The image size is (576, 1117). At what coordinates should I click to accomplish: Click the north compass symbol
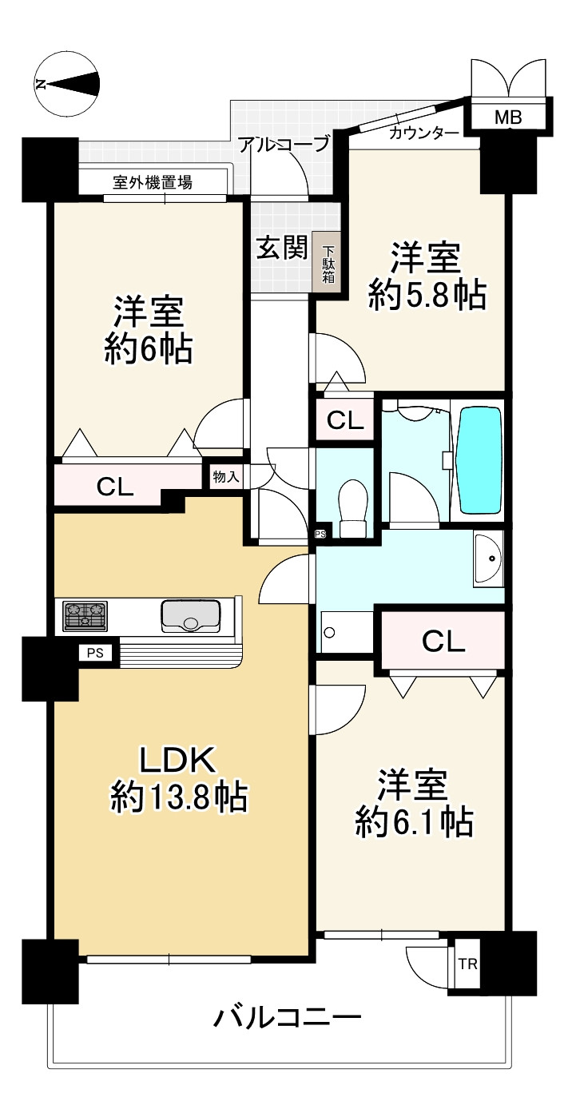point(69,82)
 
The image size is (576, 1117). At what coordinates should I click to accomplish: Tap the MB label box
point(507,118)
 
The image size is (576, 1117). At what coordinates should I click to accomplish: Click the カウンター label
point(423,133)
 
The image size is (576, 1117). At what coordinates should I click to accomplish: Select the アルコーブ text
point(284,145)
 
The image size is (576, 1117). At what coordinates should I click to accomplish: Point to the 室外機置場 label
point(152,182)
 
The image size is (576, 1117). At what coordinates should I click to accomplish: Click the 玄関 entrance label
point(281,248)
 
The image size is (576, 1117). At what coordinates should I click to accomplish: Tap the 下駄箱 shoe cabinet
point(328,262)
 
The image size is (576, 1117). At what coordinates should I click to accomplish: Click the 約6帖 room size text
point(149,349)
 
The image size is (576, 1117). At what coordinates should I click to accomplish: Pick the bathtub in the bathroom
point(479,463)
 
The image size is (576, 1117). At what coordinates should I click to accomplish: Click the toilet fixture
point(352,507)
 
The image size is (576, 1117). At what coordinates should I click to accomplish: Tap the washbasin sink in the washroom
point(488,558)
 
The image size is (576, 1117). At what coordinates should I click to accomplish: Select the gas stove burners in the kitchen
point(85,616)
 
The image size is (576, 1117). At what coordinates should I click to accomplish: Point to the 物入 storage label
point(225,477)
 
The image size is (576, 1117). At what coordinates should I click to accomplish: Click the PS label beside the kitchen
point(96,653)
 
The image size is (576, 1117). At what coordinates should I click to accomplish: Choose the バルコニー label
point(288,1019)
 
